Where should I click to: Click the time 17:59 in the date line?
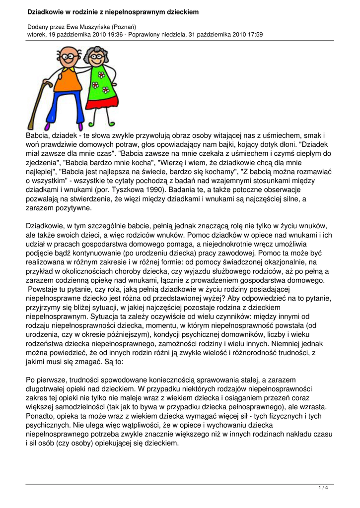(253, 35)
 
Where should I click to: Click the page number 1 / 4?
(323, 488)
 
